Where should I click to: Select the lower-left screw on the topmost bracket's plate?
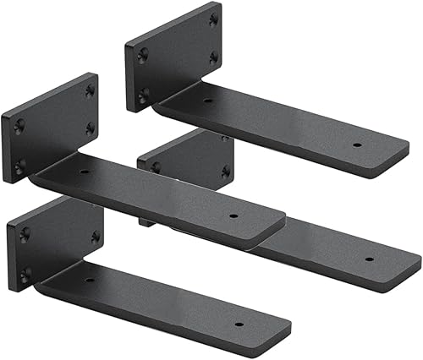pos(143,92)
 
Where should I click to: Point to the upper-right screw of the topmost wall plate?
pos(212,18)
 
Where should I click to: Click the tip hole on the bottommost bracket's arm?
pos(238,324)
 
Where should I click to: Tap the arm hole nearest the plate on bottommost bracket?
pos(89,280)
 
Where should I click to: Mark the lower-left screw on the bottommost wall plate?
pos(25,272)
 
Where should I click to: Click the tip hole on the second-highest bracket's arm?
pos(233,215)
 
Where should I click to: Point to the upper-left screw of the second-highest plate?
pos(19,125)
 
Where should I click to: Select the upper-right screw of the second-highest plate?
pos(90,90)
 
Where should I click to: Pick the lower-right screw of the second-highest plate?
pos(90,128)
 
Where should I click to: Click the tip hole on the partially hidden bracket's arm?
pos(369,259)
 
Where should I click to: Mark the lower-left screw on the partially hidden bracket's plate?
pos(156,167)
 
